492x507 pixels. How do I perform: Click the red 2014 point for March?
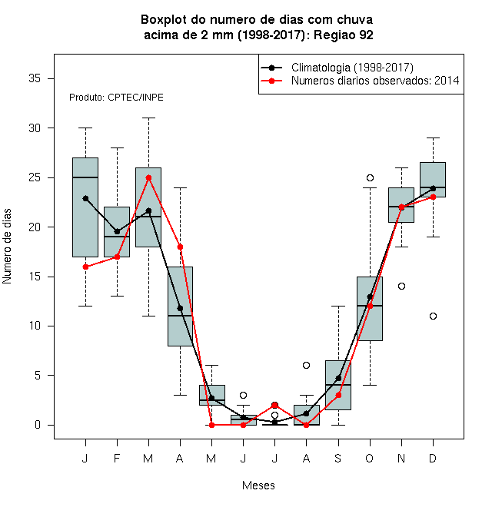(x=148, y=178)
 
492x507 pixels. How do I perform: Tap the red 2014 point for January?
(x=85, y=267)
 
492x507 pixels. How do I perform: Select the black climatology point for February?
(x=117, y=231)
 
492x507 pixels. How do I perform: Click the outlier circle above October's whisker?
(x=370, y=178)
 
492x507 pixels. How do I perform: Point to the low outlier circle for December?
(x=433, y=316)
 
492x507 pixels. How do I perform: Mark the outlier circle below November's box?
(x=401, y=287)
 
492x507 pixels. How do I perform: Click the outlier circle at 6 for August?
(x=306, y=366)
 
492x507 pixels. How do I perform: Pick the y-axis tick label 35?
(x=35, y=78)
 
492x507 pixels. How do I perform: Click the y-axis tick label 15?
(x=35, y=277)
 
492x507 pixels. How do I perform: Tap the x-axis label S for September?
(x=338, y=458)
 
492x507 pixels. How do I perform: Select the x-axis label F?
(x=117, y=458)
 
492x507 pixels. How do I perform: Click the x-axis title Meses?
(x=258, y=485)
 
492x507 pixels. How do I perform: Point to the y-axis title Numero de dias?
(x=7, y=247)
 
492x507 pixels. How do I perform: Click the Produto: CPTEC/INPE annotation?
(x=116, y=98)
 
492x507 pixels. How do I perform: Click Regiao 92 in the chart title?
(x=344, y=35)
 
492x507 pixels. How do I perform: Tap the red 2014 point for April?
(x=181, y=247)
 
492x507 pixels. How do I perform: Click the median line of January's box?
(x=85, y=177)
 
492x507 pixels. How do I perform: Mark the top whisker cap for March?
(x=148, y=118)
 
